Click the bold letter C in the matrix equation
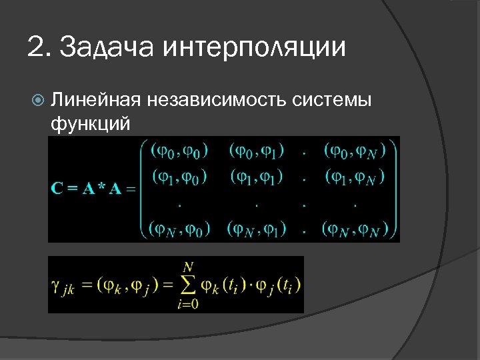click(58, 189)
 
